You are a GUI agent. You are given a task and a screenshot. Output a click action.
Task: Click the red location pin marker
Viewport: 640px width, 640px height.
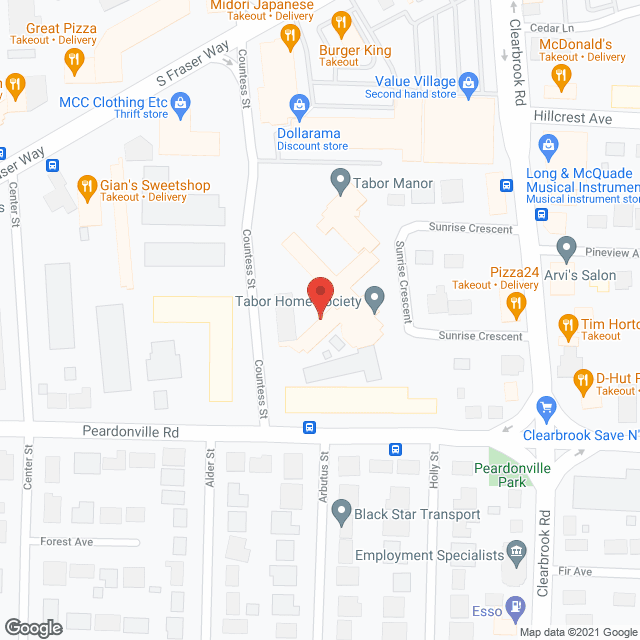319,297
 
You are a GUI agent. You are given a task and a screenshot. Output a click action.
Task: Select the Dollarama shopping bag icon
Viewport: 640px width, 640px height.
298,104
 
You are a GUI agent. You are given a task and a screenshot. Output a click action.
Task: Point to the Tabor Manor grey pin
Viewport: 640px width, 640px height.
339,182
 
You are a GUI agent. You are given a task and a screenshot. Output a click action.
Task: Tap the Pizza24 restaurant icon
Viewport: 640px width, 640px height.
516,308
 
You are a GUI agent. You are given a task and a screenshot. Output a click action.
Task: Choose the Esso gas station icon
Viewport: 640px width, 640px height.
515,606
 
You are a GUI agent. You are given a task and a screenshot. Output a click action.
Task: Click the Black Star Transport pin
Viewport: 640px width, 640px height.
341,516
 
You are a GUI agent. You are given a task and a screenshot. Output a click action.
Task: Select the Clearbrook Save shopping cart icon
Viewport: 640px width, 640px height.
546,406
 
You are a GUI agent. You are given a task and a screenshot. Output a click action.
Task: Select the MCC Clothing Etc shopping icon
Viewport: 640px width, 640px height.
181,101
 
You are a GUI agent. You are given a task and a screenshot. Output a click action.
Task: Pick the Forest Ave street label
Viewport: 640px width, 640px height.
67,542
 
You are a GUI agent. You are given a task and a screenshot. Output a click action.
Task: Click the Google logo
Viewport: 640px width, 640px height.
32,627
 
